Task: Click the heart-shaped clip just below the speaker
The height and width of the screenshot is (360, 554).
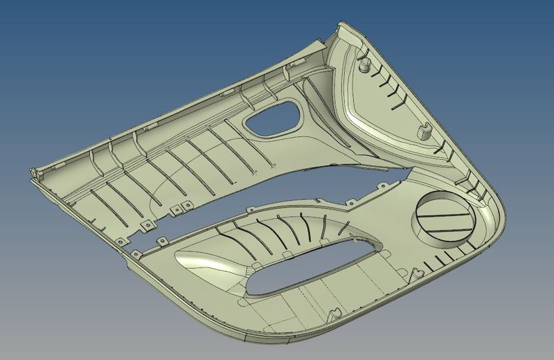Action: pyautogui.click(x=418, y=274)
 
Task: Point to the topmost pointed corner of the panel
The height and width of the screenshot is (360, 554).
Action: pyautogui.click(x=341, y=24)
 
